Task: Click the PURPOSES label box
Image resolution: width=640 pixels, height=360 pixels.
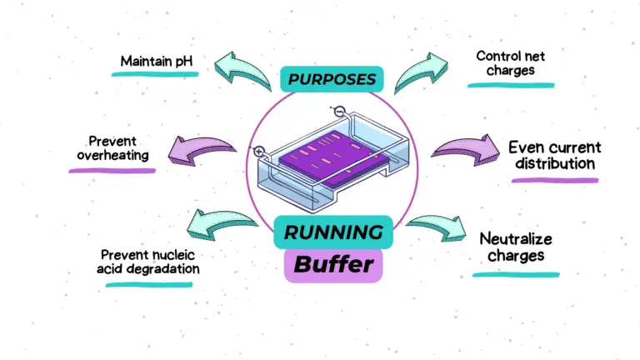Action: [332, 81]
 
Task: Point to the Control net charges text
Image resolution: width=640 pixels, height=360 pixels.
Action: [504, 64]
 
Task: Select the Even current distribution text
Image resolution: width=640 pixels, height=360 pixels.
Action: [554, 155]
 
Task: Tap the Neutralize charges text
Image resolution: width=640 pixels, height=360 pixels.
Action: [517, 247]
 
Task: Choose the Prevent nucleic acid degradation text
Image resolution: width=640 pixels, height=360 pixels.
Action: [150, 262]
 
